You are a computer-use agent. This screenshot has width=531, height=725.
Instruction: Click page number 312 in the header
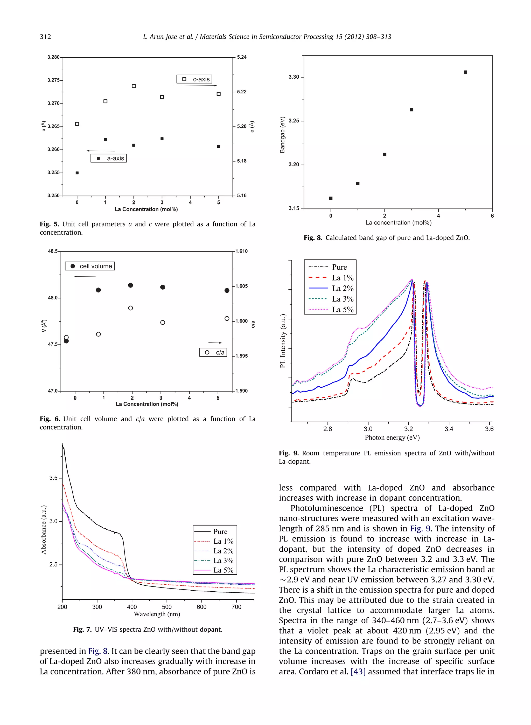[45, 37]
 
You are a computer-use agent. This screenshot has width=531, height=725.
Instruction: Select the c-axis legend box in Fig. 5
[194, 79]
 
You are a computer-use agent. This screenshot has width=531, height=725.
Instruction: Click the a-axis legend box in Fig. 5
[109, 158]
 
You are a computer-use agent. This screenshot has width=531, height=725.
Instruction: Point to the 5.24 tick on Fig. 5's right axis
[241, 57]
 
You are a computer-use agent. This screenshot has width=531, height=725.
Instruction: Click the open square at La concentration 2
[134, 86]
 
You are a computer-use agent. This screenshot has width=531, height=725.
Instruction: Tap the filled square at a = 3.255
[77, 173]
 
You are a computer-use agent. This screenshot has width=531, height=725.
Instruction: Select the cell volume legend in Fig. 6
[90, 266]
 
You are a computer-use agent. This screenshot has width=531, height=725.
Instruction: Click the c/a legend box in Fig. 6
[213, 352]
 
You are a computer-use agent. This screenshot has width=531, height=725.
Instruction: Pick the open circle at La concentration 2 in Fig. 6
[130, 308]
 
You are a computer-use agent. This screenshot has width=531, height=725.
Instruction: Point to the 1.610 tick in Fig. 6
[241, 251]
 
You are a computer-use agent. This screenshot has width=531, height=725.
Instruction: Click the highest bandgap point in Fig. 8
[465, 72]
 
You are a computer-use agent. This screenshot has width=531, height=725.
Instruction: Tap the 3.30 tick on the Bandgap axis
[294, 77]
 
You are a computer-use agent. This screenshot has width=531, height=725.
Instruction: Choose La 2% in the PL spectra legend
[343, 288]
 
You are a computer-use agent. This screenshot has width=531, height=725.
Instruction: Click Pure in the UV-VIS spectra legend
[220, 532]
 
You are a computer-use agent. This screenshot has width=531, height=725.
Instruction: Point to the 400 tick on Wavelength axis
[132, 607]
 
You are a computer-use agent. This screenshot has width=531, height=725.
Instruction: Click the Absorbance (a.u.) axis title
[44, 530]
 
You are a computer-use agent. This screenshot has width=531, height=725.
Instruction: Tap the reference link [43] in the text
[358, 672]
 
